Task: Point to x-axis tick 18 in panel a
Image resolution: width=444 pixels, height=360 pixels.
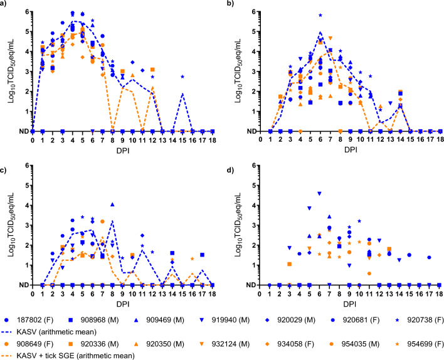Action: [x=213, y=140]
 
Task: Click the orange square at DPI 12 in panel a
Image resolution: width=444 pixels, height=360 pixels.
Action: [x=152, y=70]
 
